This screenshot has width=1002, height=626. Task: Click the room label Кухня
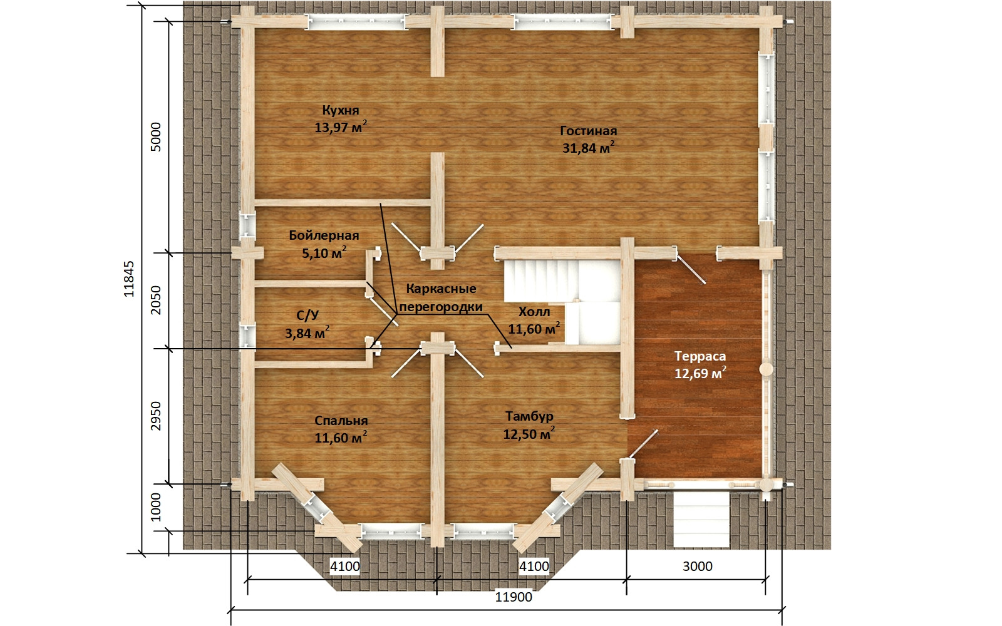[341, 110]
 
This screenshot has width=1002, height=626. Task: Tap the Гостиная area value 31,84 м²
[588, 148]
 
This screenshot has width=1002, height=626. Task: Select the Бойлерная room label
[324, 235]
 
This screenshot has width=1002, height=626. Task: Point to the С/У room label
[307, 316]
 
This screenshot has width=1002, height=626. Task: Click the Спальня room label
[341, 421]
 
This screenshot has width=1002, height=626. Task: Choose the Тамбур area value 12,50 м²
[529, 434]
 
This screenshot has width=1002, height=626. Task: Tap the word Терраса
[700, 356]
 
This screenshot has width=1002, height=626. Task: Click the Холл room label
[534, 312]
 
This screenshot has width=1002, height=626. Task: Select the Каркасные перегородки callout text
[441, 298]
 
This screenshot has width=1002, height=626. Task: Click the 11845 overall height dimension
[129, 279]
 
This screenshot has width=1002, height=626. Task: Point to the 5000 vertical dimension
[155, 137]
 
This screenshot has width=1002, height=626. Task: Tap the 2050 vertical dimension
[155, 300]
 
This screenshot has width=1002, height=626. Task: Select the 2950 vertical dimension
[155, 416]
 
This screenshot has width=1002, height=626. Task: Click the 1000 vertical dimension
[155, 507]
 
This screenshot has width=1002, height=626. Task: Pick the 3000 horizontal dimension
[698, 567]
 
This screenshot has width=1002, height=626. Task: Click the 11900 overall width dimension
[514, 597]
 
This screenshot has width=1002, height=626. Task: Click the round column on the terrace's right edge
[767, 369]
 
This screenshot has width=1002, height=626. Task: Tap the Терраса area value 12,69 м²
[701, 373]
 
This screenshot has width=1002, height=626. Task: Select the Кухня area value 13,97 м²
[341, 127]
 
